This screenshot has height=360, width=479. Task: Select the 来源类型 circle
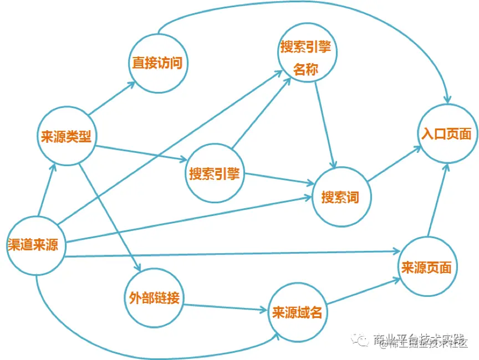pos(66,136)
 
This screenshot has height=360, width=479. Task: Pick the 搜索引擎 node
pos(215,173)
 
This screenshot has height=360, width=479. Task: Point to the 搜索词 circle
pos(340,197)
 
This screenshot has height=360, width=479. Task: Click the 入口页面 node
pos(446,133)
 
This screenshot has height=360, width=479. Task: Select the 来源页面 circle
pos(426,268)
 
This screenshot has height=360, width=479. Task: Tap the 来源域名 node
pos(297,311)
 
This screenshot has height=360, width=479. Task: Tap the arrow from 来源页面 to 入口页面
pos(437,199)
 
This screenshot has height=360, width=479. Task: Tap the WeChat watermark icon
pos(362,339)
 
